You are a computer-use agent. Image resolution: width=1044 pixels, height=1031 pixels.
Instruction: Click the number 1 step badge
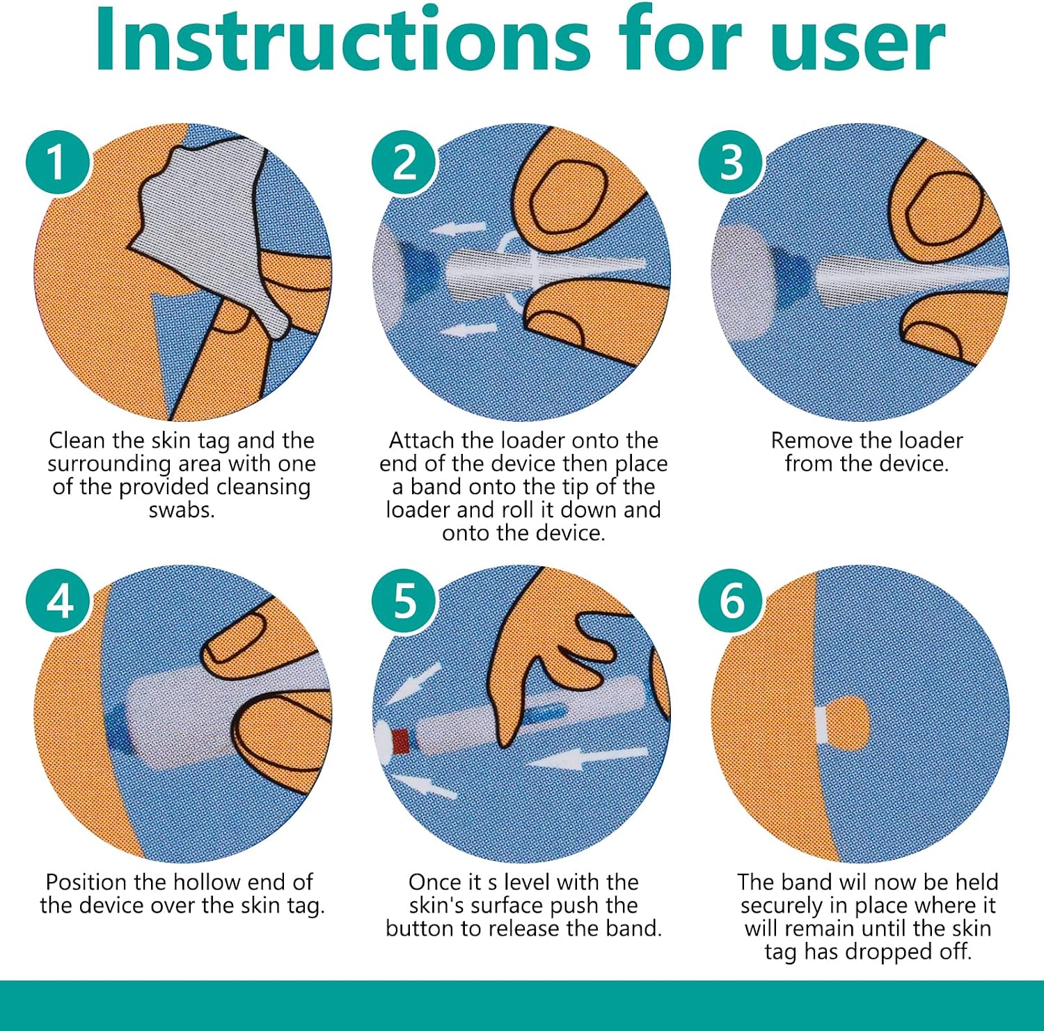coord(58,163)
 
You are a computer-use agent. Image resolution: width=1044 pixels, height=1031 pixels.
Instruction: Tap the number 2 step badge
coord(404,163)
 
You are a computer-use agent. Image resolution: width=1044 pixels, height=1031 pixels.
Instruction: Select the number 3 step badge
coord(731,163)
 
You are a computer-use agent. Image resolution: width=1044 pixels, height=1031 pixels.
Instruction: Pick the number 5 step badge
coord(404,601)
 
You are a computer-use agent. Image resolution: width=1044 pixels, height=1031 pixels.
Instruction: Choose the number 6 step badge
coord(731,601)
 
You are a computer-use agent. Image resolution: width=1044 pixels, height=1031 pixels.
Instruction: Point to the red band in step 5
coord(400,741)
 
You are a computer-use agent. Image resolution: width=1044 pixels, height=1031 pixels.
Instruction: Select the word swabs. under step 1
coord(182,510)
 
